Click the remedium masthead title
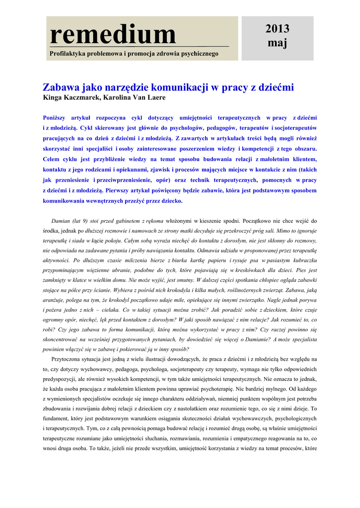113,34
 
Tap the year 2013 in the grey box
277,29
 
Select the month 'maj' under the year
277,43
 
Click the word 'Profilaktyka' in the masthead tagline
68,53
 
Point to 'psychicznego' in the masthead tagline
198,53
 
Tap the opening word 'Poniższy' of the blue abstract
58,118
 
